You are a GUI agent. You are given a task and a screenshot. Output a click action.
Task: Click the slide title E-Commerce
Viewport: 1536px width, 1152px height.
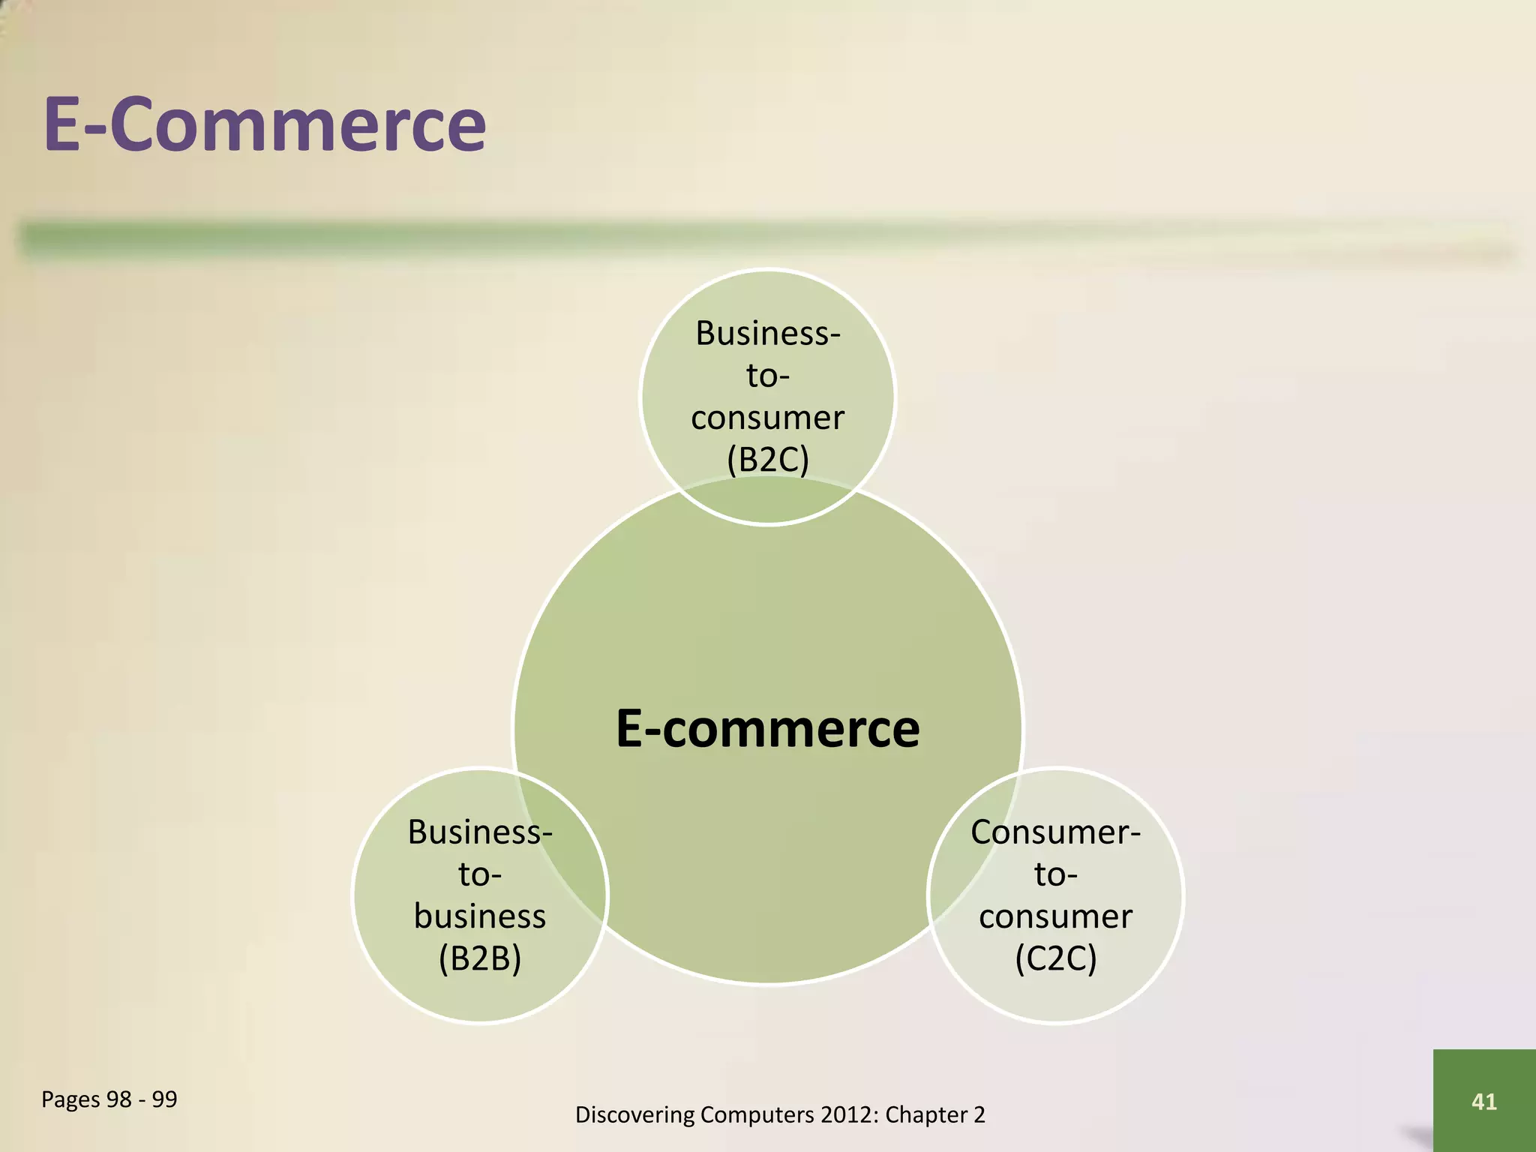click(265, 124)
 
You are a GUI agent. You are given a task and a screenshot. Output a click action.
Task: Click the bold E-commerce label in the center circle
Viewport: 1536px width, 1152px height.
click(767, 729)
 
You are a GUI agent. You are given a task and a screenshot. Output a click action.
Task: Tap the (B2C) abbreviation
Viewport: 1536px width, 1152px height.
click(767, 459)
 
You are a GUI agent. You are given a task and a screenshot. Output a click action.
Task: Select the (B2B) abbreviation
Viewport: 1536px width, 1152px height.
click(480, 958)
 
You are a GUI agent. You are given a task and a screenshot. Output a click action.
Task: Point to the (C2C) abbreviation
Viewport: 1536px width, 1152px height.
click(1055, 958)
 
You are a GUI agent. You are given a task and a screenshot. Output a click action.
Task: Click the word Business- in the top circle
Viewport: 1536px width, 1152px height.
click(767, 333)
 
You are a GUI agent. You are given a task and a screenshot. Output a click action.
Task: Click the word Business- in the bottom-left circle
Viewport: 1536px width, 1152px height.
click(480, 832)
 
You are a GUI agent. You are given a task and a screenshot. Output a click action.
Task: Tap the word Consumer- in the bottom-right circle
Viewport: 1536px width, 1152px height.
click(1055, 832)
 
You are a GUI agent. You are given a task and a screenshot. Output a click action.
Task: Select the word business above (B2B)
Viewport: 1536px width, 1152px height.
click(480, 916)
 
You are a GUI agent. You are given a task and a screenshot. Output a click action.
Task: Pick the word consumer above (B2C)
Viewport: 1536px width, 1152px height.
click(767, 418)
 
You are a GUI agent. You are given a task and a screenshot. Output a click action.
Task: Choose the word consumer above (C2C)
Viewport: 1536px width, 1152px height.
click(1055, 916)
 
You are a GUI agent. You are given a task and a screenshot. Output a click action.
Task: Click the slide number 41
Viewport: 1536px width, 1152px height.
click(1483, 1101)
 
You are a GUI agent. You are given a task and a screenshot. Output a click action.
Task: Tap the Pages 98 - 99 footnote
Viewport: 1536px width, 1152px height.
click(109, 1099)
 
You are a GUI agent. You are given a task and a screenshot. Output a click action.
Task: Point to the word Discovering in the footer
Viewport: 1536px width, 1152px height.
click(634, 1115)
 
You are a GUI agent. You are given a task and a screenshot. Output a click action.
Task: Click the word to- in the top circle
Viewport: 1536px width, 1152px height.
click(767, 376)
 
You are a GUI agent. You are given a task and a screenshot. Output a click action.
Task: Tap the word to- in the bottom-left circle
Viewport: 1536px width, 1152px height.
click(480, 874)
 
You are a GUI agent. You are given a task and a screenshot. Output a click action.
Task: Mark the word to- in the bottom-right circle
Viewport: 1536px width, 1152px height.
click(1055, 874)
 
